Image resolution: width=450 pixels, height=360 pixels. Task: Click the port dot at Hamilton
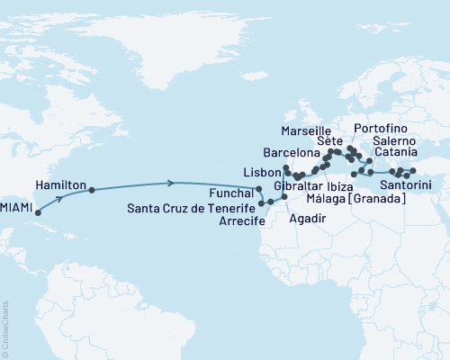coord(91,190)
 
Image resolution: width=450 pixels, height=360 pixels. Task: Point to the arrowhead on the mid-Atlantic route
coord(171,184)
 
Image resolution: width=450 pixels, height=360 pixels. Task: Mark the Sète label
coord(329,141)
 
